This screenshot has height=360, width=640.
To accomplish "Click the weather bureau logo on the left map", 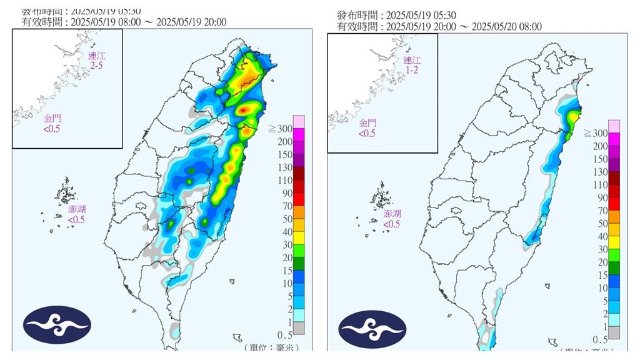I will click(57, 325).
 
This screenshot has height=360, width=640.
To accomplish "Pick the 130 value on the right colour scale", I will click(599, 172).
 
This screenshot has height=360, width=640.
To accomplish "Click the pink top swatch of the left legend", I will click(299, 121).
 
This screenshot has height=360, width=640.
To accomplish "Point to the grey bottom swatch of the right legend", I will click(614, 331).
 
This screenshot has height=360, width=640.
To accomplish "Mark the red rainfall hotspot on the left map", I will click(243, 110).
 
